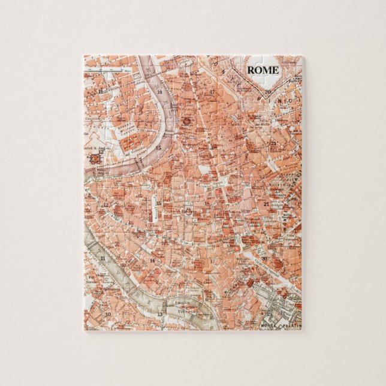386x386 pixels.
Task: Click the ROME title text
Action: click(263, 70)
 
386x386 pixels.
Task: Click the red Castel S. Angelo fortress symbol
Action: click(94, 159)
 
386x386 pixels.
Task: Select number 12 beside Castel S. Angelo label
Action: click(103, 153)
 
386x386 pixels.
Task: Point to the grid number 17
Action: click(212, 92)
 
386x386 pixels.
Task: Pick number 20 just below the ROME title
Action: click(268, 92)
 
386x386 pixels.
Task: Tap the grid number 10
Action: click(108, 313)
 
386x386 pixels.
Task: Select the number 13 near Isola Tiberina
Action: click(159, 313)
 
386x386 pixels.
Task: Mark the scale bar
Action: click(108, 71)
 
